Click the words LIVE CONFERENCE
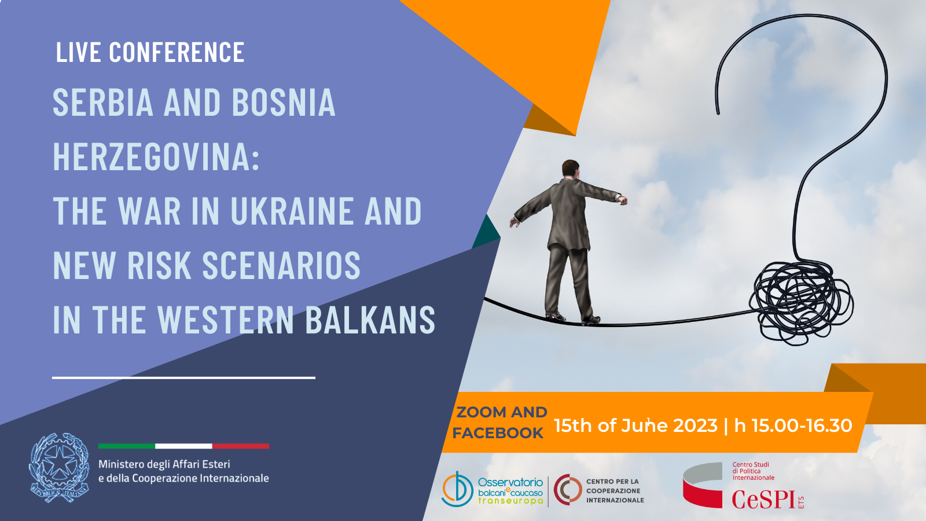click(x=150, y=52)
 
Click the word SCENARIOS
click(x=281, y=265)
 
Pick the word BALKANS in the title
click(x=370, y=319)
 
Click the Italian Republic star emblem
click(x=59, y=468)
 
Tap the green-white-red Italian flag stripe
click(x=183, y=446)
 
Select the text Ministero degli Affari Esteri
click(x=164, y=464)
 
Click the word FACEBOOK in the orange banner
click(x=498, y=433)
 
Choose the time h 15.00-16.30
click(x=793, y=425)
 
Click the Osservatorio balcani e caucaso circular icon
click(x=457, y=490)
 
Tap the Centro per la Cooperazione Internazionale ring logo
click(x=568, y=490)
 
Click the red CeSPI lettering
click(x=764, y=499)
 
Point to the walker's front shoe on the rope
click(x=590, y=321)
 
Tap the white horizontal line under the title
click(x=183, y=377)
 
